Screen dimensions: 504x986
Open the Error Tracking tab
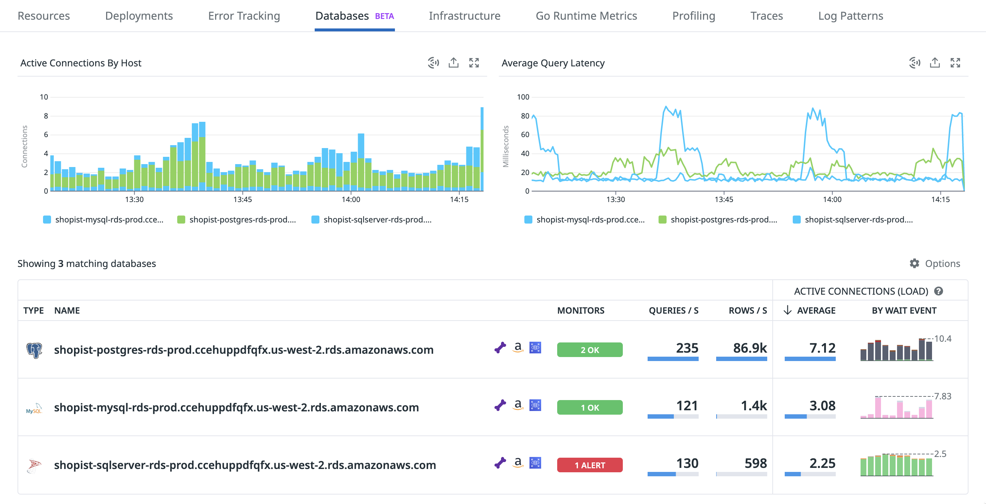coord(244,16)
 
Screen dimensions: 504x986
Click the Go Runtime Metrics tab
coord(586,16)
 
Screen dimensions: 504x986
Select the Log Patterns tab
coord(850,16)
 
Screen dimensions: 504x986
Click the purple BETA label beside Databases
coord(384,16)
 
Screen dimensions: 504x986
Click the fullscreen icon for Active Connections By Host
coord(474,63)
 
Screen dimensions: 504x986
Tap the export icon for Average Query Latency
coord(934,63)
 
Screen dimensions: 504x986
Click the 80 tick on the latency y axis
coord(525,116)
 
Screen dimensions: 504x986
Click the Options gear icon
coord(914,263)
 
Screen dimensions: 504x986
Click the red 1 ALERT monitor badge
coord(590,465)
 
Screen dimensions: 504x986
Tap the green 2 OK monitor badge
coord(590,350)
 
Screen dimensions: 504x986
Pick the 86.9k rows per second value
coord(749,348)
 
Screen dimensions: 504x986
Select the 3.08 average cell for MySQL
coord(822,406)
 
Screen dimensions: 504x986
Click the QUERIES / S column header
coord(673,310)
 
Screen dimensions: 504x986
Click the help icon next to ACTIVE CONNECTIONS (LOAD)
coord(938,291)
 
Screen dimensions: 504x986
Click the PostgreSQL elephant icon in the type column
coord(34,350)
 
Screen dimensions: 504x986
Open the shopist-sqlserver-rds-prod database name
coord(245,465)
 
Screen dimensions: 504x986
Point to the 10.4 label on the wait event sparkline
coord(942,339)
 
